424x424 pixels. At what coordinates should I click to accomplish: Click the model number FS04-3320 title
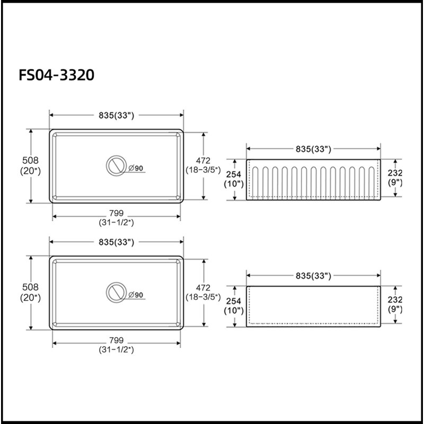point(57,75)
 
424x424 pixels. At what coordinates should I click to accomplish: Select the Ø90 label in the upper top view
point(136,168)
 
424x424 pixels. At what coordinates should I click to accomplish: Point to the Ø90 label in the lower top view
point(136,295)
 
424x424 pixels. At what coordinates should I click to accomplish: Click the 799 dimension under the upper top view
point(116,213)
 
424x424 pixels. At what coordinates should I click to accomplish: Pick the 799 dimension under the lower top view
point(116,340)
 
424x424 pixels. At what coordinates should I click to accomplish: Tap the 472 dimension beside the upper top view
point(203,161)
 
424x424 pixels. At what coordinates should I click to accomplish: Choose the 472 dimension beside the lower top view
point(203,287)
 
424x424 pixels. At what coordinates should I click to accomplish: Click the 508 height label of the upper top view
point(30,161)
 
